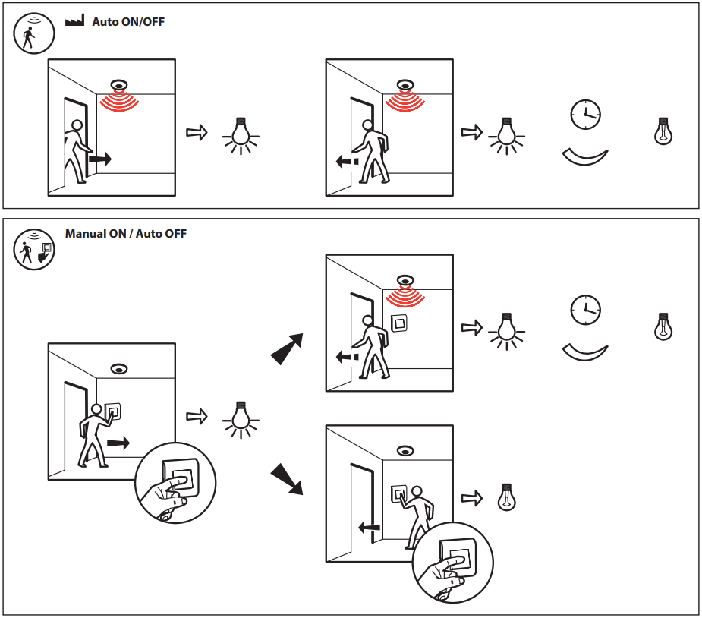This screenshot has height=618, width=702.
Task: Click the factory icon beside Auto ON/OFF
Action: pos(74,21)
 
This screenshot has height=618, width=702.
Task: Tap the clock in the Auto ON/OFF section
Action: pos(585,114)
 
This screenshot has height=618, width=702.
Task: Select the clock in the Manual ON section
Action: pos(585,310)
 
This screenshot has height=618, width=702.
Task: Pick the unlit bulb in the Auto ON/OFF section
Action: pos(664,131)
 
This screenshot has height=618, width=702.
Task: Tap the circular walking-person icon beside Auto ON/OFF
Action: pos(33,35)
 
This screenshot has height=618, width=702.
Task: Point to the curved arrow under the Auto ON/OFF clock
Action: pos(584,156)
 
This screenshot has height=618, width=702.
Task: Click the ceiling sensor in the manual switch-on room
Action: pos(118,369)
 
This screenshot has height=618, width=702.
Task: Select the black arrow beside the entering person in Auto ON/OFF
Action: pos(99,159)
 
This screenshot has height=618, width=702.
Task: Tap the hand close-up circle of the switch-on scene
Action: pos(175,481)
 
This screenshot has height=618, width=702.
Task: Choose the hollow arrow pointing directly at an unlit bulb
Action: pos(472,498)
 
